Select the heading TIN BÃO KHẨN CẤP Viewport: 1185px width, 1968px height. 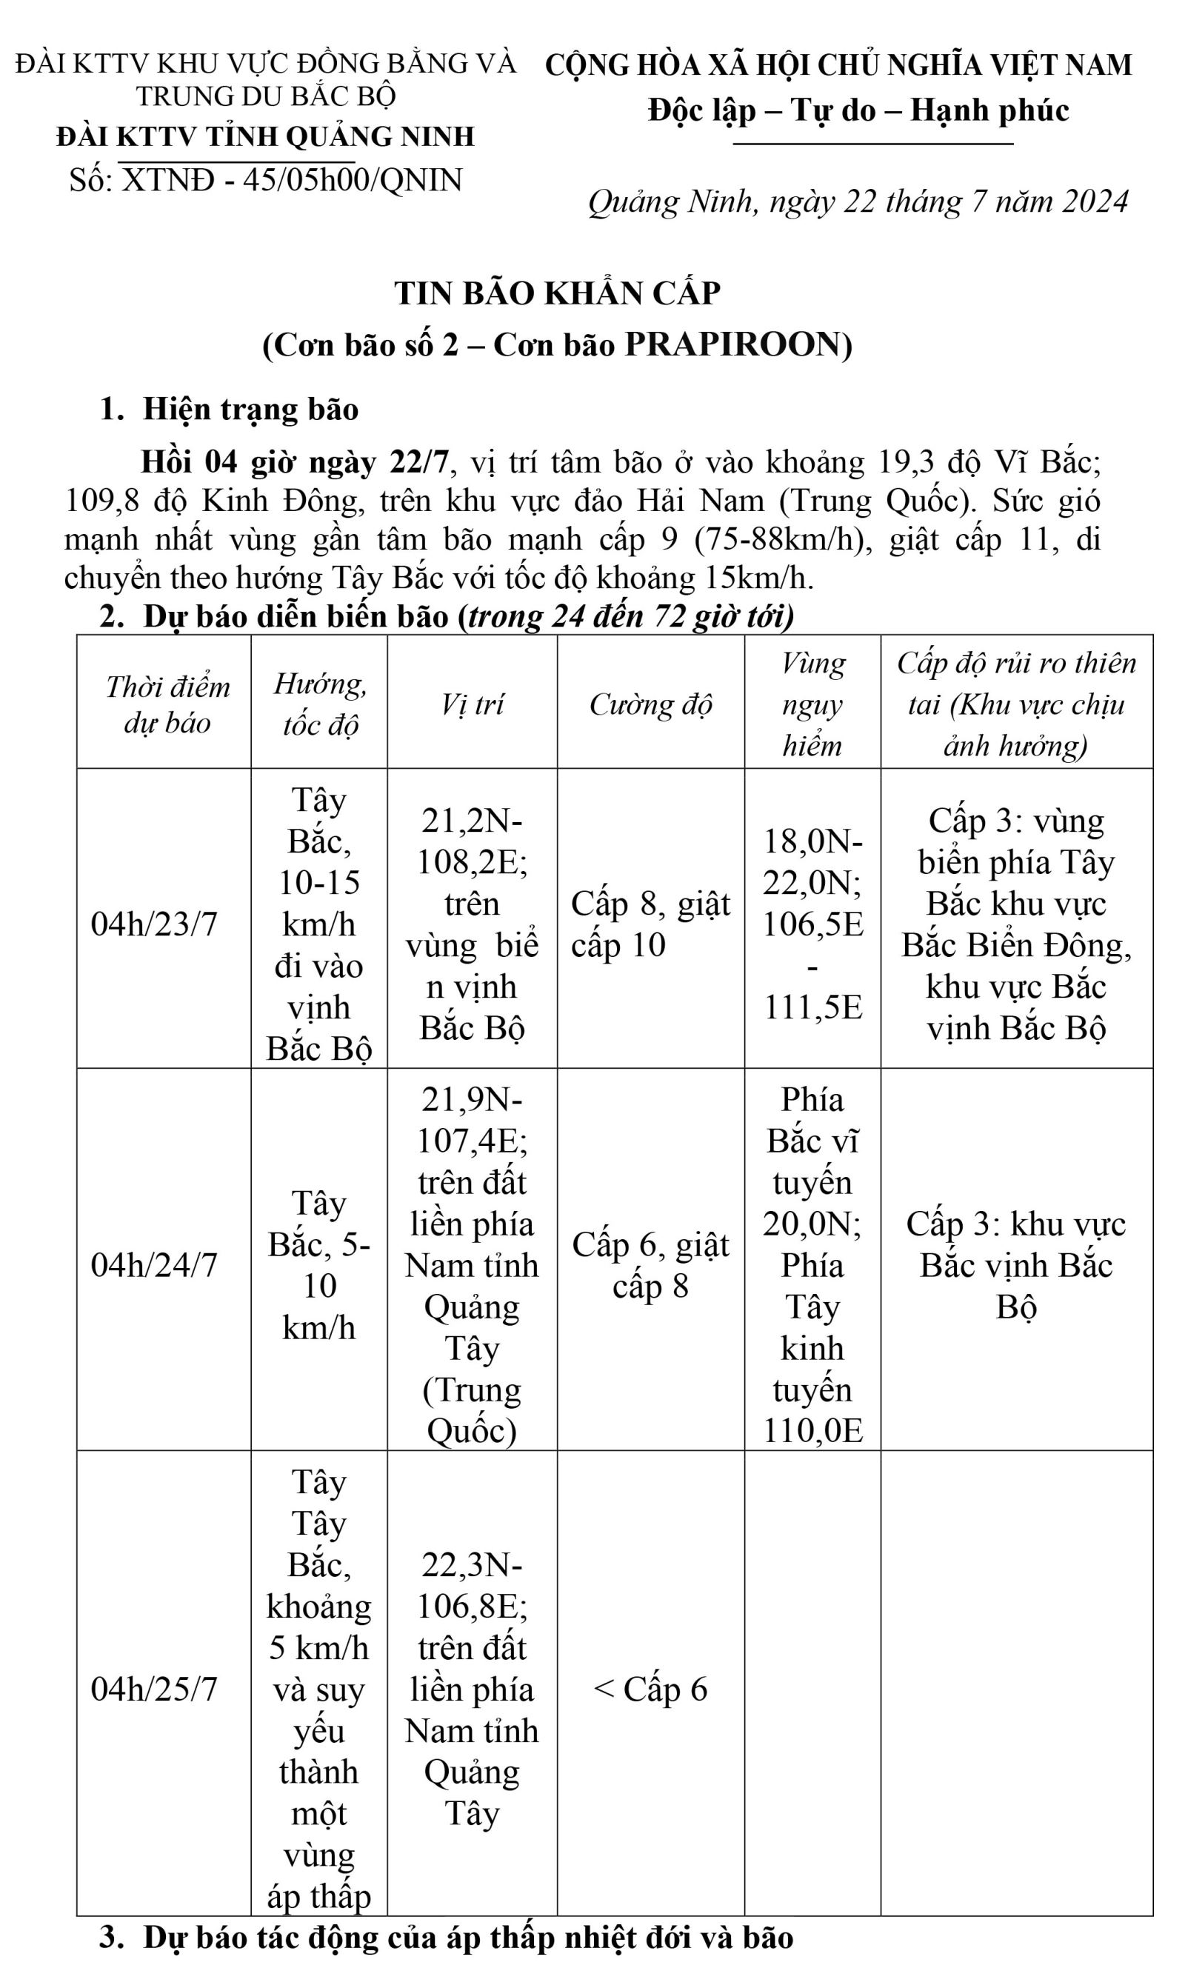558,293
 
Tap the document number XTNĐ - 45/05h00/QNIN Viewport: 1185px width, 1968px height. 292,181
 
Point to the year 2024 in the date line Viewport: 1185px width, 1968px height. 1095,201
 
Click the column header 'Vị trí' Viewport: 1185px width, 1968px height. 472,704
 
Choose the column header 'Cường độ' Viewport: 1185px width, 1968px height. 650,704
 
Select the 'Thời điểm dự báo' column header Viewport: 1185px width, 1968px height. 167,704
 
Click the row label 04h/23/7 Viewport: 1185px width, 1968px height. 154,924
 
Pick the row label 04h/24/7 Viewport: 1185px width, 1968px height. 154,1265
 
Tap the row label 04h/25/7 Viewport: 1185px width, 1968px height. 154,1689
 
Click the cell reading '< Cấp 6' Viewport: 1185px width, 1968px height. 650,1689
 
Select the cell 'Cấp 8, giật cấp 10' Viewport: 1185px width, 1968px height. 650,924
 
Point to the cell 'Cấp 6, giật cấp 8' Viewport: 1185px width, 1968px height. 650,1265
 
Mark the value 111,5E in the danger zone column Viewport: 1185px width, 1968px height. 813,1007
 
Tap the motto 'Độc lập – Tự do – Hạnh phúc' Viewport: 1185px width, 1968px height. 858,110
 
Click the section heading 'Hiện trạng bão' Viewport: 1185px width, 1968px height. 251,409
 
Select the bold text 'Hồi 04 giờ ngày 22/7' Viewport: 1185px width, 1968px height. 295,461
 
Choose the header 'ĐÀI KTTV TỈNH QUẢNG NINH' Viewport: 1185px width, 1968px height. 265,136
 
